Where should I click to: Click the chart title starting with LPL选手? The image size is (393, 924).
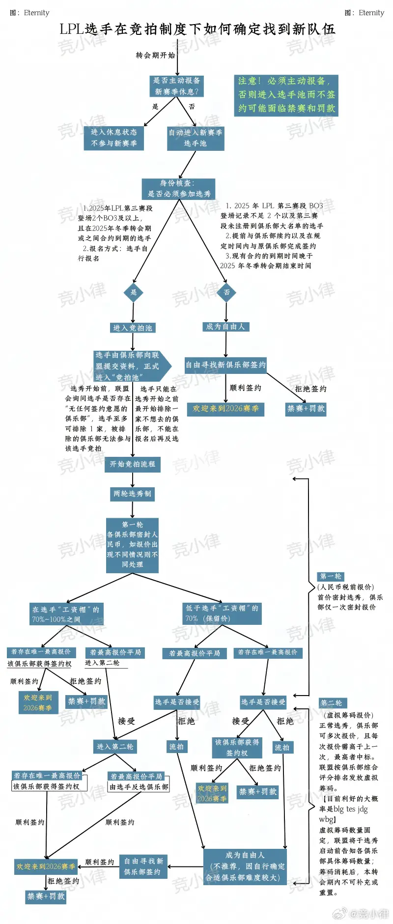pyautogui.click(x=197, y=29)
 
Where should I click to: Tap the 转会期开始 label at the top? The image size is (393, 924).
pyautogui.click(x=155, y=56)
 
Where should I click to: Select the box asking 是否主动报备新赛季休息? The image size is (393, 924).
pyautogui.click(x=176, y=86)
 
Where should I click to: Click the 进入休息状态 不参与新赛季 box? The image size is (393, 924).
pyautogui.click(x=114, y=138)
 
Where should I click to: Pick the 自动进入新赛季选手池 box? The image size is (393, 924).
pyautogui.click(x=196, y=138)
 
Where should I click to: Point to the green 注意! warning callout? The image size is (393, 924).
pyautogui.click(x=286, y=95)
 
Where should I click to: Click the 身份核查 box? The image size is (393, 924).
pyautogui.click(x=179, y=189)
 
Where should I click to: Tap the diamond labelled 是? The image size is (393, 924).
pyautogui.click(x=133, y=292)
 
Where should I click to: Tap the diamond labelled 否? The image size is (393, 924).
pyautogui.click(x=226, y=292)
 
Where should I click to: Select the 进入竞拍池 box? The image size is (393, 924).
pyautogui.click(x=133, y=328)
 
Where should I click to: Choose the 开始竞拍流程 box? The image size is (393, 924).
pyautogui.click(x=132, y=464)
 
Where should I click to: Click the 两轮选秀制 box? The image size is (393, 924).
pyautogui.click(x=132, y=494)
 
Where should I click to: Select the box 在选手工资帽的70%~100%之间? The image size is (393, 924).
pyautogui.click(x=66, y=615)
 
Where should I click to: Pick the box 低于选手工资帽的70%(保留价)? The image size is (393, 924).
pyautogui.click(x=222, y=614)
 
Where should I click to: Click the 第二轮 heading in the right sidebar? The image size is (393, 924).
pyautogui.click(x=332, y=703)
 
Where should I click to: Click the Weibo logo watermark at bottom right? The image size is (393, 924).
pyautogui.click(x=340, y=913)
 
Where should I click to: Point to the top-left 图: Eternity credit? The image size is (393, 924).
pyautogui.click(x=30, y=13)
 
